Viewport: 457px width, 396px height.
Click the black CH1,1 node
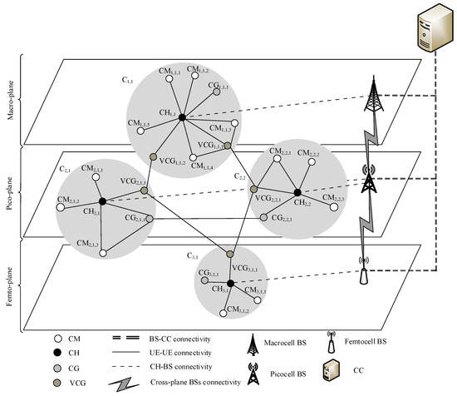pos(182,118)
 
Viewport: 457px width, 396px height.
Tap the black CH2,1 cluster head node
pos(101,201)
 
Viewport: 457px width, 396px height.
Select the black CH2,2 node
pos(297,192)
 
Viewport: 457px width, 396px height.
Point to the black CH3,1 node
pos(230,284)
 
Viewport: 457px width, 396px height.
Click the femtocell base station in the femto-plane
pos(362,270)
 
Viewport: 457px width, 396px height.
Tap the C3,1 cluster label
pos(194,255)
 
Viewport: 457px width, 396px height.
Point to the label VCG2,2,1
pos(267,200)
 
